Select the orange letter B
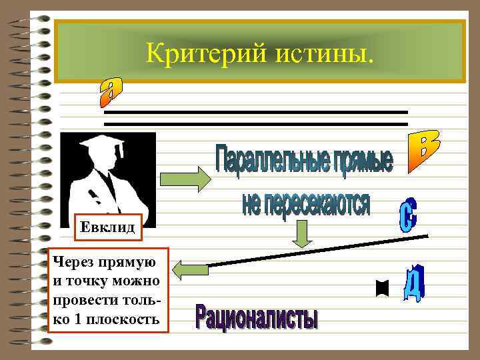pos(421,151)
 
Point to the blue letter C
pos(408,215)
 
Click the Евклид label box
pos(107,228)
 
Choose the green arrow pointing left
pos(190,269)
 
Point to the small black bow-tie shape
pos(382,288)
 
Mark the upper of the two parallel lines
pos(256,112)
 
